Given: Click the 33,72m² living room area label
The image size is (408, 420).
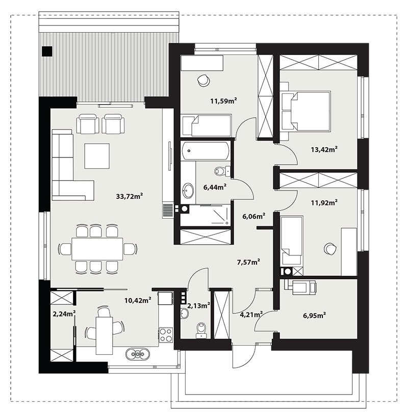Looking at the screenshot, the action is [x=129, y=196].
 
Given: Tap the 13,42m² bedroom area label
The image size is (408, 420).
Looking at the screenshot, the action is [x=324, y=149].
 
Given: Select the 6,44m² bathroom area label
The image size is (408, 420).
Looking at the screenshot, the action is [x=215, y=187].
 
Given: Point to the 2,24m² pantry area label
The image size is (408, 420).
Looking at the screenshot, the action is [x=64, y=313].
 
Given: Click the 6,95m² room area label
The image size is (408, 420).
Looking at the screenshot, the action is [x=315, y=316].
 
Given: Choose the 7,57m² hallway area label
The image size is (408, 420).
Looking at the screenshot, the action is [x=249, y=261].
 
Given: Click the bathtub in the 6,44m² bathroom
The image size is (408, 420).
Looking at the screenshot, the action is [x=205, y=150].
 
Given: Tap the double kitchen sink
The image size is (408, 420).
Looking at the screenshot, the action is [x=137, y=354].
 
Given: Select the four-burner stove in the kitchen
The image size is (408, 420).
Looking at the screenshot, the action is [x=166, y=334].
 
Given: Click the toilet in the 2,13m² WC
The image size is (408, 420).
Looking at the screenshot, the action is [x=201, y=330].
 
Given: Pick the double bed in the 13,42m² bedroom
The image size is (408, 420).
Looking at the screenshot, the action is [x=305, y=111].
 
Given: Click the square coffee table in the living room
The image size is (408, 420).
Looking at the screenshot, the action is [x=97, y=156].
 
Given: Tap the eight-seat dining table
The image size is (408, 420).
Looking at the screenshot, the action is [x=97, y=249].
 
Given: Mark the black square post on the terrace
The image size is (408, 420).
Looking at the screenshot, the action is [x=47, y=51].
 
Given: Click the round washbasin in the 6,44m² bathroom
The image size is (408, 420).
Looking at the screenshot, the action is [x=188, y=190].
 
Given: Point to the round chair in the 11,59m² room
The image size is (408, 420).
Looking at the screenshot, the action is [x=202, y=80].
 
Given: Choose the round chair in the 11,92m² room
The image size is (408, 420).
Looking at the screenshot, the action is [x=330, y=249].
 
